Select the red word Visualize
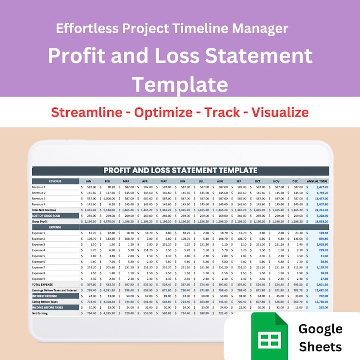coord(280,112)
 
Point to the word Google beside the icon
coord(321,329)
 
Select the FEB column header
coord(107,181)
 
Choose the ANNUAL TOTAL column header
coord(317,181)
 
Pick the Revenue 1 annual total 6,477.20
coord(320,187)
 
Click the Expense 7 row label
coord(39,268)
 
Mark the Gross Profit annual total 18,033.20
coord(320,221)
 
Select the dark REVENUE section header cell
coord(55,181)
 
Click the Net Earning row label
coord(41,313)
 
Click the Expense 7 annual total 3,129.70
coord(320,268)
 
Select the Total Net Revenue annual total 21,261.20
coord(320,210)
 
